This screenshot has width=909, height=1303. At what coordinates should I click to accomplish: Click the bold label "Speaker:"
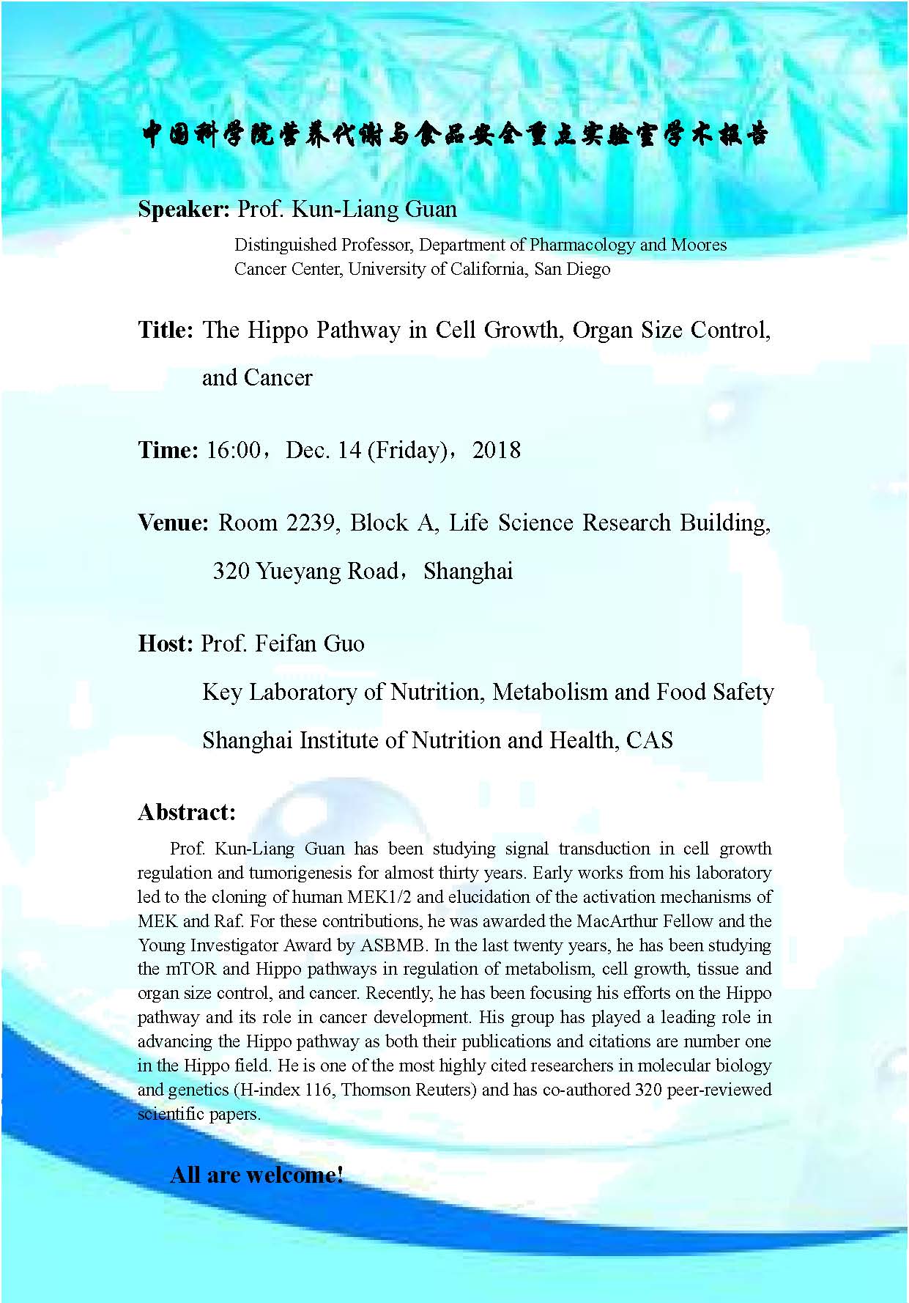click(x=184, y=210)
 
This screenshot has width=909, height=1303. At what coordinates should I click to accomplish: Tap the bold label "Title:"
click(x=166, y=331)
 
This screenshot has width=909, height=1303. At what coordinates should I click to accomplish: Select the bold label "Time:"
click(x=168, y=450)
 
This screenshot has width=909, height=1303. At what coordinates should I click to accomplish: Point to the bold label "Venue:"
click(x=174, y=523)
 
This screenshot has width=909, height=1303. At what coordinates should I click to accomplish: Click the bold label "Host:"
click(x=166, y=643)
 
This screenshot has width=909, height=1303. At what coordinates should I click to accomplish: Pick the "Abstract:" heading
click(x=187, y=812)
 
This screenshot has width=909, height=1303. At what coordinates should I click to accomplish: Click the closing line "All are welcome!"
click(x=256, y=1175)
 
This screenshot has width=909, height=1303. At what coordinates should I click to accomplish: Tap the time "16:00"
click(x=233, y=450)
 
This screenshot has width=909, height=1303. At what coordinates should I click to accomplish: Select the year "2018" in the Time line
click(x=497, y=450)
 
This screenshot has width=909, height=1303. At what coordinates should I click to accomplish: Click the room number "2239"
click(x=313, y=523)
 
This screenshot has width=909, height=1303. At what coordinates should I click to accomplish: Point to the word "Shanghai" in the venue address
click(x=468, y=571)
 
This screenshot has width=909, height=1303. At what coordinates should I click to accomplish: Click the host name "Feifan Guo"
click(x=310, y=643)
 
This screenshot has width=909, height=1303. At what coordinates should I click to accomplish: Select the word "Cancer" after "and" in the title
click(x=278, y=378)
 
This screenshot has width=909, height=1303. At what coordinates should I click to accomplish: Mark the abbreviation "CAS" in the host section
click(x=649, y=740)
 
